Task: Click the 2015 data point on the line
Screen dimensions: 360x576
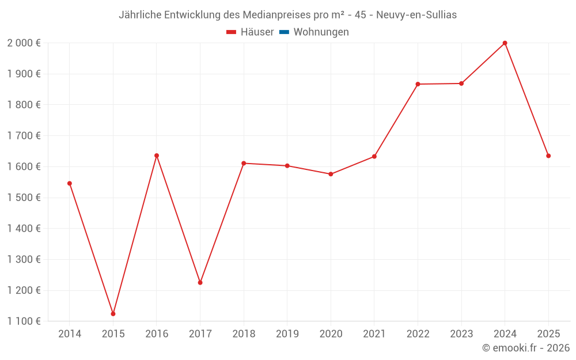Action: pos(113,314)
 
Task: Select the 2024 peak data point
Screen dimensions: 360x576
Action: pos(505,43)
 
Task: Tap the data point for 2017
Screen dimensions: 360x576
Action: pos(200,283)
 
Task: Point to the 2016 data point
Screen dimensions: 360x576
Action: pos(157,156)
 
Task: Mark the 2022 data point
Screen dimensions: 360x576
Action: pos(418,84)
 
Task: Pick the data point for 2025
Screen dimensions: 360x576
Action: pos(548,156)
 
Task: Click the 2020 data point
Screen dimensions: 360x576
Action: pos(331,174)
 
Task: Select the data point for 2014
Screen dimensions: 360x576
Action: pos(70,183)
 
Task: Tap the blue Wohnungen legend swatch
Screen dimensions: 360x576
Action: pos(283,32)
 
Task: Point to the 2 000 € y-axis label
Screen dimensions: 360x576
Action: pos(24,43)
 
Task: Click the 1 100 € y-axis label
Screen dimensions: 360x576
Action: pos(24,321)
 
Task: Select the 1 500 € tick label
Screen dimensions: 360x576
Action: pos(24,198)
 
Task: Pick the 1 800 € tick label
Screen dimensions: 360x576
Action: pos(24,105)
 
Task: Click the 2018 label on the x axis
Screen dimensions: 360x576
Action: pos(244,334)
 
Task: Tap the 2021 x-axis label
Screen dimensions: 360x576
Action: pos(374,334)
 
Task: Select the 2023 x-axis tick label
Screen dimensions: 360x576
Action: pos(461,334)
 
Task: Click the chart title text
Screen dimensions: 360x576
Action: pos(287,15)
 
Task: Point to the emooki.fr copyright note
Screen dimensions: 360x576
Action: pos(525,348)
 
